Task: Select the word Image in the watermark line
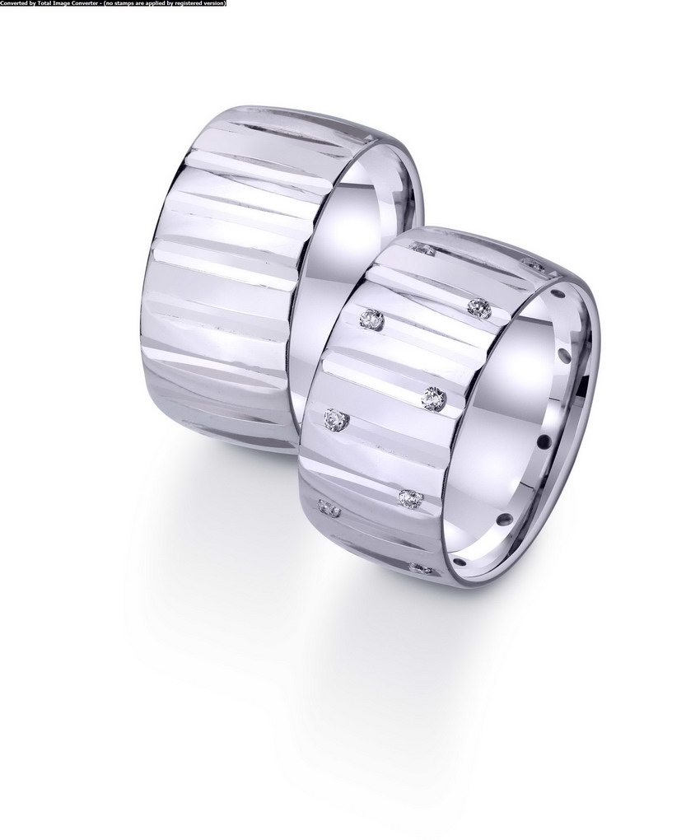(x=55, y=3)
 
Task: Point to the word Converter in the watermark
(x=77, y=3)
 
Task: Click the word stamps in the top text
(x=113, y=3)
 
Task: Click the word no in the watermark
(x=99, y=3)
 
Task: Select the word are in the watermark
(x=128, y=3)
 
